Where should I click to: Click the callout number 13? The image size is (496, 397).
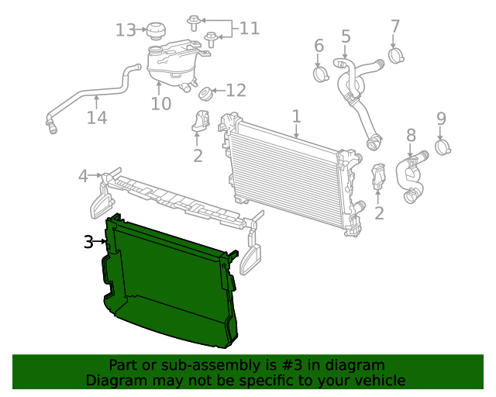coord(126,30)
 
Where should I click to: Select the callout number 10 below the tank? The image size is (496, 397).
coord(160,103)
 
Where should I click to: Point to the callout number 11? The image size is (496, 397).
coord(249,29)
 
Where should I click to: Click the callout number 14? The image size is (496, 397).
coord(96,118)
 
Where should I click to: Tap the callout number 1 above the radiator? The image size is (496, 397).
coord(296,116)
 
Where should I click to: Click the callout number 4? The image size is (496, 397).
coord(83,176)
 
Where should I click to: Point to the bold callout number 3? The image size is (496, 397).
coord(88,243)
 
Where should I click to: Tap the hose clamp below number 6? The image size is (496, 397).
coord(321,74)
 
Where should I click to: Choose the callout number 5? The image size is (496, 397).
coord(346,36)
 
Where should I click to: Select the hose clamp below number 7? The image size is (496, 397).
coord(397,56)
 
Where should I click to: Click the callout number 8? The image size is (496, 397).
coord(411,136)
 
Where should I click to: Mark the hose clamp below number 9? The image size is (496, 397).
coord(444,145)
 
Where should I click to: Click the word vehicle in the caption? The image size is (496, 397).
coord(377,380)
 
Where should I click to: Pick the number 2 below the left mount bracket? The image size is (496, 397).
coord(198,156)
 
